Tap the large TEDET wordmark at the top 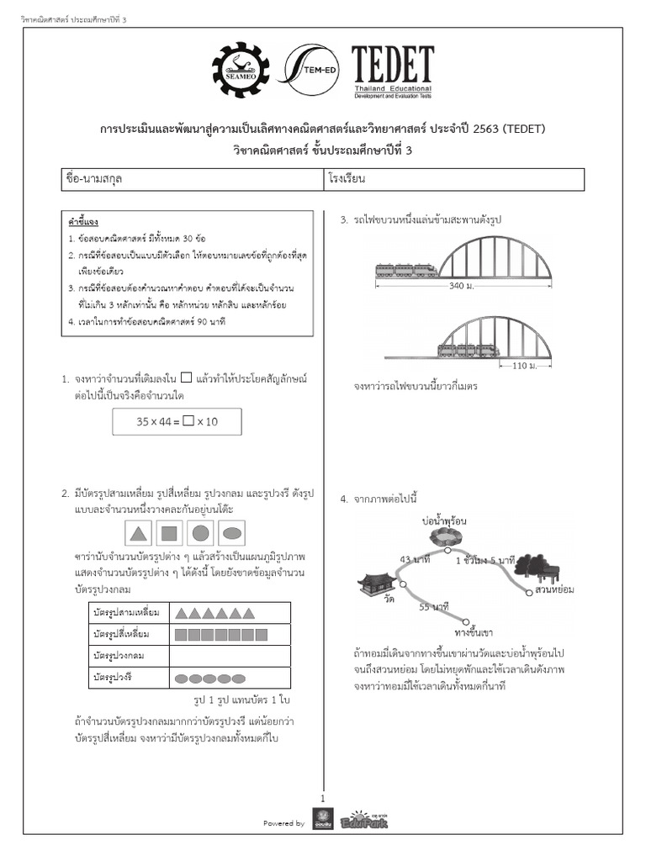click(392, 64)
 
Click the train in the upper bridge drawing click(405, 270)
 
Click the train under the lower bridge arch click(468, 349)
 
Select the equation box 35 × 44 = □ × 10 click(177, 421)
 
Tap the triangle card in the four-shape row click(140, 532)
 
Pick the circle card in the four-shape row click(200, 532)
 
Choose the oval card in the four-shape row click(232, 532)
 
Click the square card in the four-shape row click(169, 532)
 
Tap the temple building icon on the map click(373, 582)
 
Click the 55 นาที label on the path click(433, 606)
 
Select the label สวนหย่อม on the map click(554, 590)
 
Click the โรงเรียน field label click(347, 179)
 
